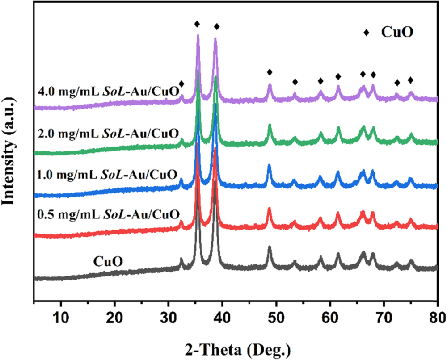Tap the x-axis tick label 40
pos(222,318)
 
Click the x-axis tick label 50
pos(276,318)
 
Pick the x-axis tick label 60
pos(330,318)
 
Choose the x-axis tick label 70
pos(384,318)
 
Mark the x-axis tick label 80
pos(436,318)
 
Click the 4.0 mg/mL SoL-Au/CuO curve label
pos(109,94)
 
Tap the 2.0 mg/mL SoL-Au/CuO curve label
pos(109,133)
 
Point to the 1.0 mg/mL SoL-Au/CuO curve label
pos(109,174)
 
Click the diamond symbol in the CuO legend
pos(367,33)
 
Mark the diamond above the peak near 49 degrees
pos(270,72)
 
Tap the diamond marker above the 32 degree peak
pos(181,84)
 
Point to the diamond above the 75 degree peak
pos(411,80)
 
